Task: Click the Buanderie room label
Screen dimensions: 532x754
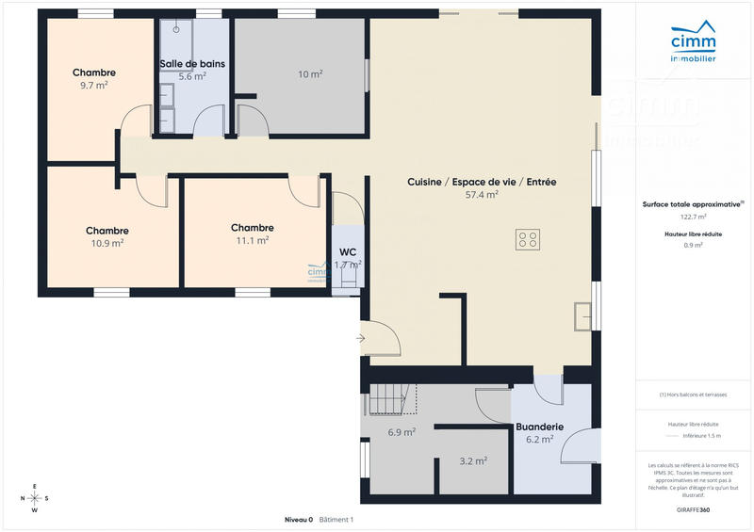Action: coord(539,427)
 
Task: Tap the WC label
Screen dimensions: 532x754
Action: coord(348,252)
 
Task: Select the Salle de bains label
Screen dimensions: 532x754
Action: coord(192,64)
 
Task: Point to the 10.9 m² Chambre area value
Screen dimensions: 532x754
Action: coord(107,243)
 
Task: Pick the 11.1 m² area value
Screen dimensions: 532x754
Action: coord(252,240)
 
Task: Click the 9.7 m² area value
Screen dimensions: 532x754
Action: coord(93,85)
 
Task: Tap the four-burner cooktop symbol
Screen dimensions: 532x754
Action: coord(528,239)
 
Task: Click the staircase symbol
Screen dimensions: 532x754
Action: coord(392,399)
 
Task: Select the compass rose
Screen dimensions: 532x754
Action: coord(35,498)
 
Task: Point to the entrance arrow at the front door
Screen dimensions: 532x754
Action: coord(361,336)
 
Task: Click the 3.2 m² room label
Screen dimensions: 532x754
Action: coord(473,461)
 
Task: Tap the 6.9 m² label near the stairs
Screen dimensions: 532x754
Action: coord(402,432)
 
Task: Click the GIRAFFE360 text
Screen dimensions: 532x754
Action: coord(693,509)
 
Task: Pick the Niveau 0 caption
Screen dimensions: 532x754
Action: coord(298,520)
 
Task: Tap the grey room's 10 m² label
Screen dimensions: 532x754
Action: coord(310,74)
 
